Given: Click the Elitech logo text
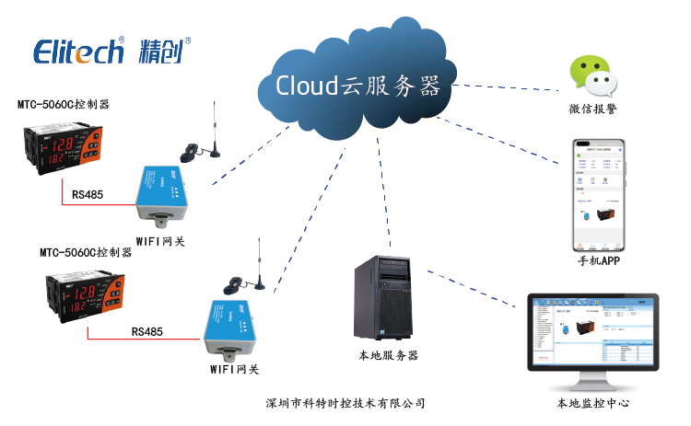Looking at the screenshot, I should click(78, 51).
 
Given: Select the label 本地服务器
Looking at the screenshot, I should click(388, 355).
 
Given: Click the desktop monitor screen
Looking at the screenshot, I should click(592, 333).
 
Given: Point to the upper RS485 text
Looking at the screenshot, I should click(87, 194).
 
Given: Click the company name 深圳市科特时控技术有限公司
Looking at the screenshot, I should click(344, 403).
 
